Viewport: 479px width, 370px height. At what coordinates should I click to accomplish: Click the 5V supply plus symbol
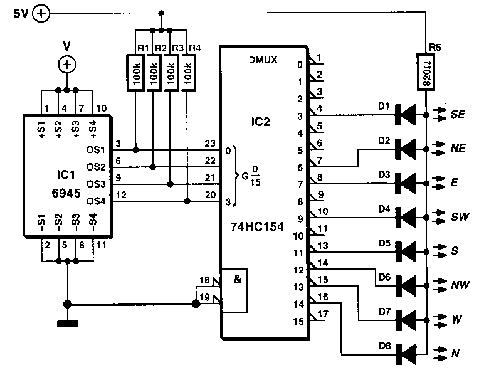tap(41, 13)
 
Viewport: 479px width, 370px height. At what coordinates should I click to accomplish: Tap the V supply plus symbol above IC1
tap(67, 65)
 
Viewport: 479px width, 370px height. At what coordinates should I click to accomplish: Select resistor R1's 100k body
tap(135, 73)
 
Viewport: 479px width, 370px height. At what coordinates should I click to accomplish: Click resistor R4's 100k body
tap(189, 73)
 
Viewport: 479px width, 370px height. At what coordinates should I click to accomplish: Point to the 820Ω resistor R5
tap(426, 71)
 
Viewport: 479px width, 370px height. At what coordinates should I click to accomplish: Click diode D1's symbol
tap(406, 115)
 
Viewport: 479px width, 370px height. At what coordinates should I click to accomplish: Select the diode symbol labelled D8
tap(406, 354)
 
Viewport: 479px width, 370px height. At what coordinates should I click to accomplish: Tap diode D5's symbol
tap(406, 251)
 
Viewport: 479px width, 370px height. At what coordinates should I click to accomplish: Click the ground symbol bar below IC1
tap(68, 323)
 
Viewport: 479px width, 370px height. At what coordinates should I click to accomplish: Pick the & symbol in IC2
tap(238, 279)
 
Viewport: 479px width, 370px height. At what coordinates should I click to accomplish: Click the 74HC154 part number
tap(257, 226)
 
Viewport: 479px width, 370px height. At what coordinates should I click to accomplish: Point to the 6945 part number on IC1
tap(66, 193)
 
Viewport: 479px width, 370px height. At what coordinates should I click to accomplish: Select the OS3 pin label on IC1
tap(96, 184)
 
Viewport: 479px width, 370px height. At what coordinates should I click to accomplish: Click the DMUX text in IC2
tap(263, 60)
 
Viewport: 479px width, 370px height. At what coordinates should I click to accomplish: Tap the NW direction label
tap(460, 285)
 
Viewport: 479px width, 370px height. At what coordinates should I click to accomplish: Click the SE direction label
tap(458, 114)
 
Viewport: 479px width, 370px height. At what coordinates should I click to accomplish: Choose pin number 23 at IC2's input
tap(210, 143)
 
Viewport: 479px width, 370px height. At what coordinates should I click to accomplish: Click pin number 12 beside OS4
tap(121, 194)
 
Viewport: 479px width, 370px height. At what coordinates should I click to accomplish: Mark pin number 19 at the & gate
tap(204, 297)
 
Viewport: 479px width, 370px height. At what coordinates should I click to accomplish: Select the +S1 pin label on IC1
tap(41, 129)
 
